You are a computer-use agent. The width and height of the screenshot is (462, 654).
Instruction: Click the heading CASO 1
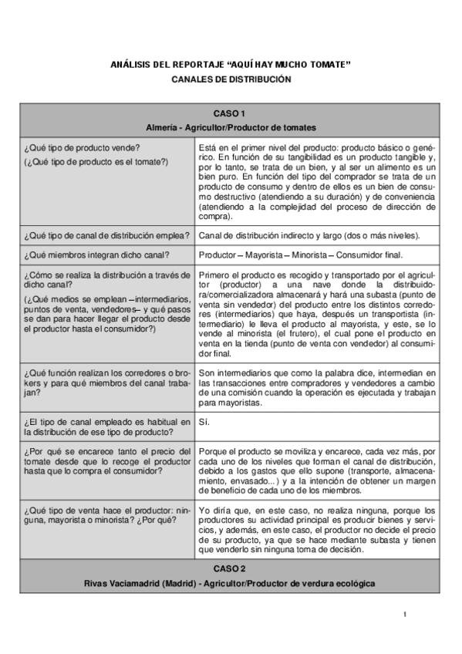231,113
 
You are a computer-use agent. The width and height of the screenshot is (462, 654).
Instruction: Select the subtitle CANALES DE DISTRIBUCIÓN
231,79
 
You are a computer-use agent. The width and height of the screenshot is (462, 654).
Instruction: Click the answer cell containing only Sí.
204,422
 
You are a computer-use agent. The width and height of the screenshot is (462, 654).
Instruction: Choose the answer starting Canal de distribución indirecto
309,235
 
